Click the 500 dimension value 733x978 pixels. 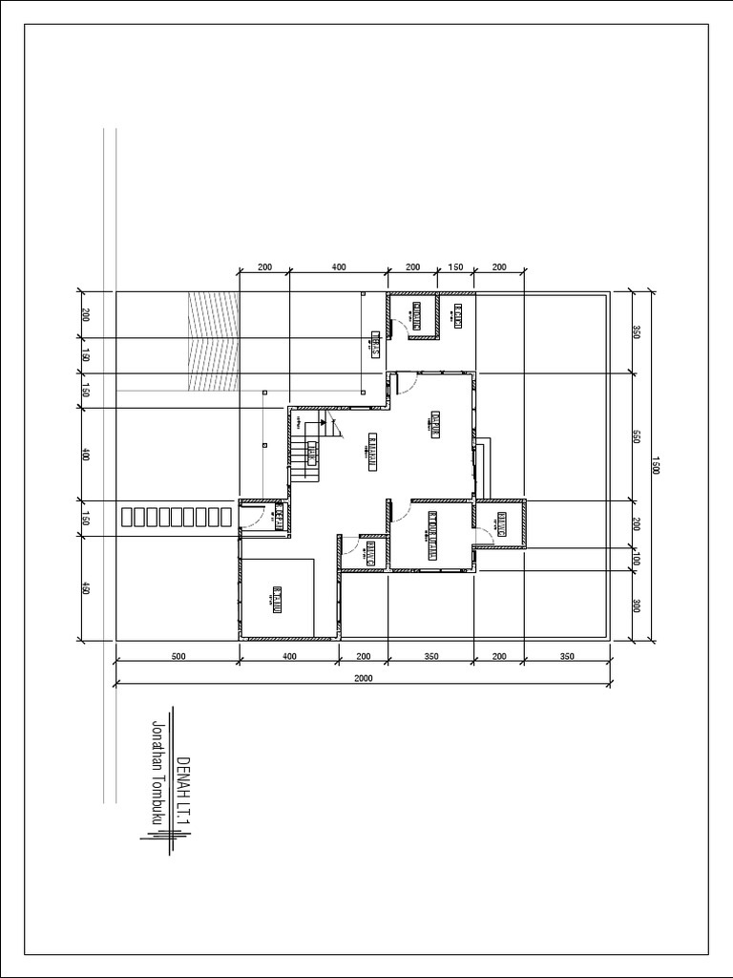pos(177,656)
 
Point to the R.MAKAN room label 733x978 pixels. pos(372,452)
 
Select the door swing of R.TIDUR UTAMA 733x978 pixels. pos(422,510)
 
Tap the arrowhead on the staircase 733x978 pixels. pos(324,420)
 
